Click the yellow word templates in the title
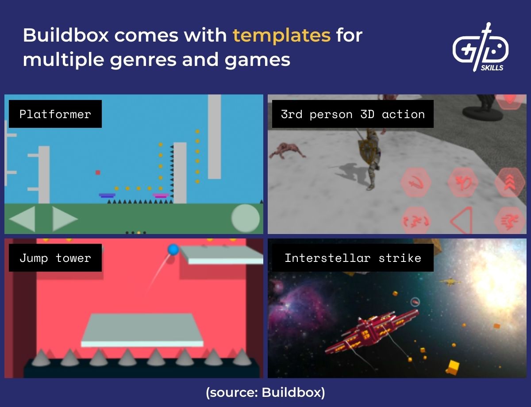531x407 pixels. (281, 35)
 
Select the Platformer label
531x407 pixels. (55, 114)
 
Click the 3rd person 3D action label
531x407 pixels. (353, 114)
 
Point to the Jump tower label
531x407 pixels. (55, 258)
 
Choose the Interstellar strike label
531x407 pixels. (353, 258)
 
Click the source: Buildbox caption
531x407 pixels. (265, 392)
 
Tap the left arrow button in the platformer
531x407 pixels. (22, 219)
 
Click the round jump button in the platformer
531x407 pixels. (245, 218)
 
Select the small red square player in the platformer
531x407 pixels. (98, 173)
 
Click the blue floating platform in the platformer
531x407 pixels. (107, 195)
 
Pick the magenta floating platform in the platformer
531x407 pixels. (161, 195)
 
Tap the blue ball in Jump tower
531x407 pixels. (173, 250)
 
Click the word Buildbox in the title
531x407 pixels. (65, 35)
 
